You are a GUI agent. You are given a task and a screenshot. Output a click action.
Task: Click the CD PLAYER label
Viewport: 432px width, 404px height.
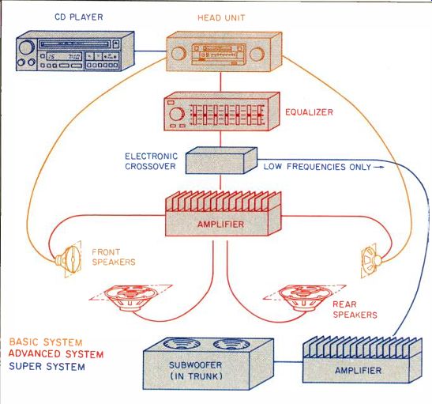point(79,17)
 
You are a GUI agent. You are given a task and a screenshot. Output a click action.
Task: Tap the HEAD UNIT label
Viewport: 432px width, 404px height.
point(221,18)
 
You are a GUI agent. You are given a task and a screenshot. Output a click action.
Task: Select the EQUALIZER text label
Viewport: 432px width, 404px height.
point(309,112)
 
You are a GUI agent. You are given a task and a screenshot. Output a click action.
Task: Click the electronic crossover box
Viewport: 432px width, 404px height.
point(221,160)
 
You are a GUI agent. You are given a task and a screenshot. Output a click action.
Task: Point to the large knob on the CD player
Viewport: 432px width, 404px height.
point(25,47)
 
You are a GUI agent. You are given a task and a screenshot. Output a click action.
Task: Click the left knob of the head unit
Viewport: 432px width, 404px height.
point(178,53)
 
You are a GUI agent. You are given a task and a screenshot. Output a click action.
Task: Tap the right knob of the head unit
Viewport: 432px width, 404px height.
point(257,54)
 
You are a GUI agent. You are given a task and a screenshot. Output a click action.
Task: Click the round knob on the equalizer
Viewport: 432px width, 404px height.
point(177,114)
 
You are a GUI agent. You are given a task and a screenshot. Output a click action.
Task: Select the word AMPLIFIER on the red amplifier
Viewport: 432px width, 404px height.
point(220,225)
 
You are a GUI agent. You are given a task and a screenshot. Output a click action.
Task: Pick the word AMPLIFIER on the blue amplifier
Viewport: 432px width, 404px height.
point(359,370)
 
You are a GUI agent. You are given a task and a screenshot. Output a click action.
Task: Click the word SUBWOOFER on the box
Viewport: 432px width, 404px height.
point(195,365)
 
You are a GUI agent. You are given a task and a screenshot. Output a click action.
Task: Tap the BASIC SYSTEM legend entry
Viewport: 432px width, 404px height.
point(46,342)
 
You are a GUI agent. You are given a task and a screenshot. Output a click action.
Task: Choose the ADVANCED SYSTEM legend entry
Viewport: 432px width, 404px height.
point(56,354)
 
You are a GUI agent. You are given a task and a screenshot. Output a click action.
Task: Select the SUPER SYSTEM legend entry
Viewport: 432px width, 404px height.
point(47,367)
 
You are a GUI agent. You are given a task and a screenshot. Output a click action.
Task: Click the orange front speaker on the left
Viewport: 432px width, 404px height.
point(69,259)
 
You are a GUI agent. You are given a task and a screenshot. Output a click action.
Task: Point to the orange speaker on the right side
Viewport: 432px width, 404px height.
point(370,261)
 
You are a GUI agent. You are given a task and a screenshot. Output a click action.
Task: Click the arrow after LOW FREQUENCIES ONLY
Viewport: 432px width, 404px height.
point(379,167)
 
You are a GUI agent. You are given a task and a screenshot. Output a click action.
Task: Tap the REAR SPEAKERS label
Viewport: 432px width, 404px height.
point(355,309)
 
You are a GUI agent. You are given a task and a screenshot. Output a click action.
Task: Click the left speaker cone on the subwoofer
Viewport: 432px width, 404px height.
point(182,344)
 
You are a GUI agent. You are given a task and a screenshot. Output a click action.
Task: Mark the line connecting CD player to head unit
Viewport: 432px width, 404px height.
point(150,51)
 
